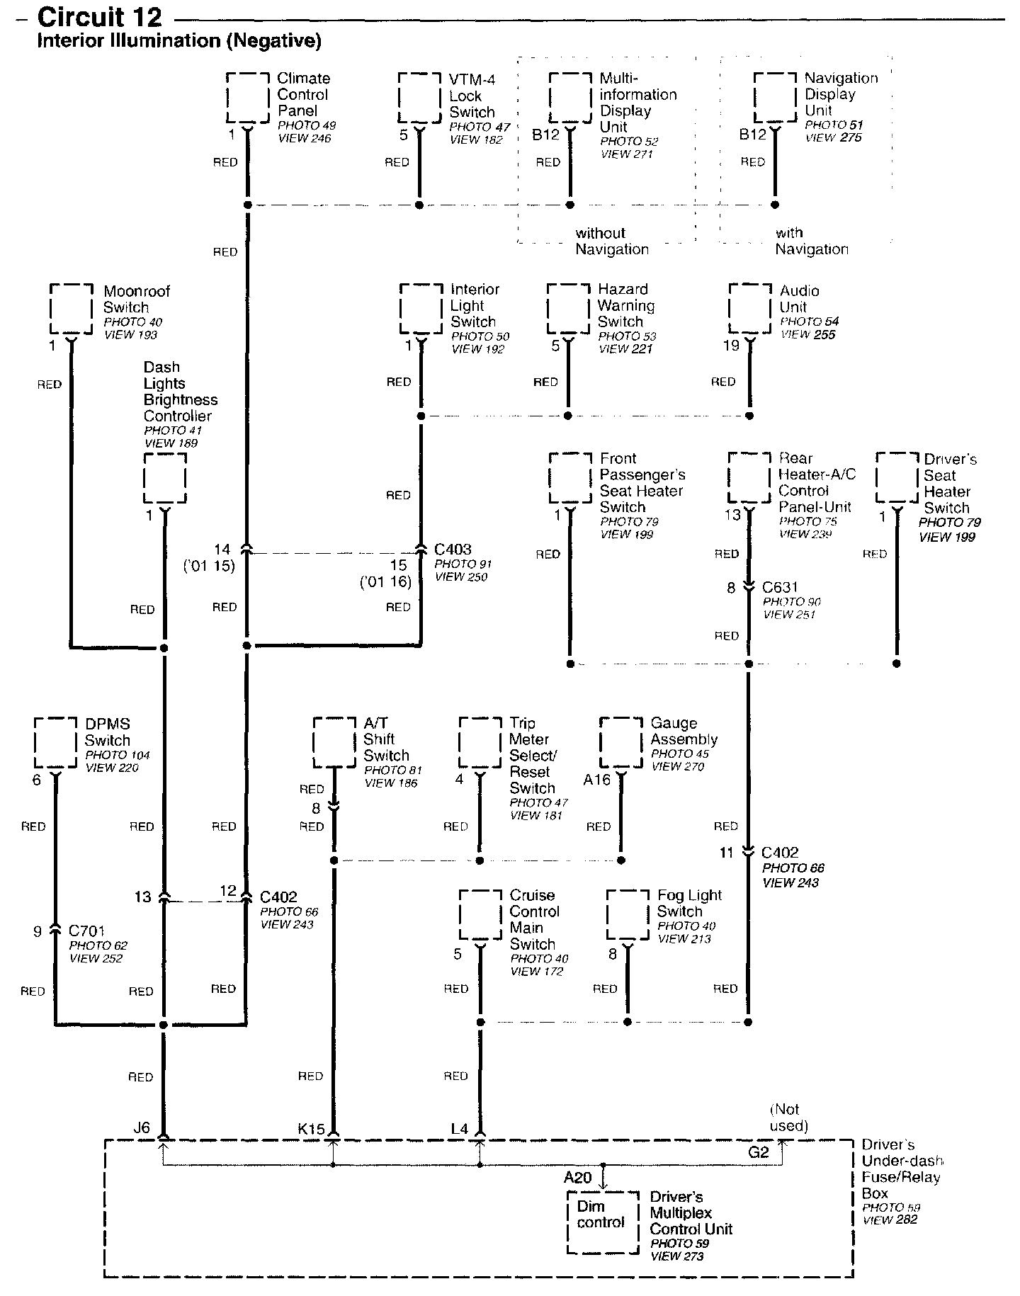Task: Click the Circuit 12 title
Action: (99, 17)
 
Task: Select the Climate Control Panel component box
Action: (248, 97)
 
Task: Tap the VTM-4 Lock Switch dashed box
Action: (419, 98)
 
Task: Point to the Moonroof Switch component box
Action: (72, 309)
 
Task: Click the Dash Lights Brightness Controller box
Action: (165, 479)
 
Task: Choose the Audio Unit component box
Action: (749, 308)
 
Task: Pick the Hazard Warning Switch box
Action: (568, 309)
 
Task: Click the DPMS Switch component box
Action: (55, 742)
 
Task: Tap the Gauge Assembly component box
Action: (621, 742)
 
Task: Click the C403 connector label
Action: (453, 549)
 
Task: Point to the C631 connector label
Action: (780, 587)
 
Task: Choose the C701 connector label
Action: (87, 931)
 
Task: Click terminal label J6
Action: (142, 1127)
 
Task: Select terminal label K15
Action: (311, 1129)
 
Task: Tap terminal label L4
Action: (459, 1129)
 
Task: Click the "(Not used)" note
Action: (788, 1118)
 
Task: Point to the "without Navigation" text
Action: (611, 241)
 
